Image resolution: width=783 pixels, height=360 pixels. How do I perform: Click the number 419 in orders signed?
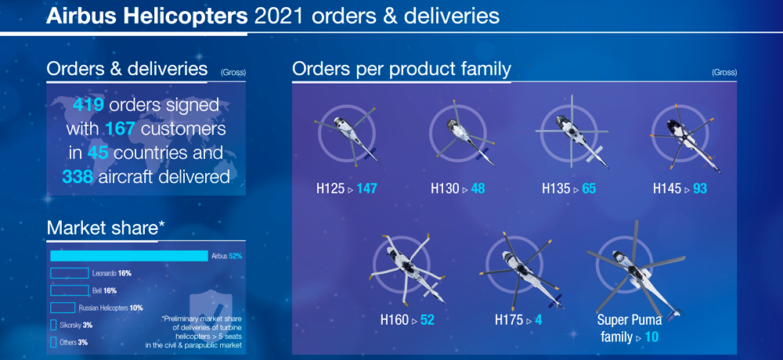[x=88, y=105]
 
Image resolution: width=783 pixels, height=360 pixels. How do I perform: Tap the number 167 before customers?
[x=121, y=129]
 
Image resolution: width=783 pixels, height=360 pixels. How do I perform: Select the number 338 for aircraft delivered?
[x=78, y=176]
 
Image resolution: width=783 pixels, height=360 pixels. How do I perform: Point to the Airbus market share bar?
[x=129, y=256]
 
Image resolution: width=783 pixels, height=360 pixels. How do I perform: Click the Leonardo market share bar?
[x=70, y=273]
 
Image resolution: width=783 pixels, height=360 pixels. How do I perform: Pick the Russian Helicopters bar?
[x=63, y=308]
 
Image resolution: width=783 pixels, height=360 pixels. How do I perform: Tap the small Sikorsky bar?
[x=53, y=325]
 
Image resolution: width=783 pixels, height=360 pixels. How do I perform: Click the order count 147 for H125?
[x=366, y=189]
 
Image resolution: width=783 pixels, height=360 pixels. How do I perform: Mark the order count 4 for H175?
[x=539, y=319]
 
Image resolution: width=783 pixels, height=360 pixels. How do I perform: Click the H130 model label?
[x=445, y=189]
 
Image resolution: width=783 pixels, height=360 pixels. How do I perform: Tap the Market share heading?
[x=106, y=228]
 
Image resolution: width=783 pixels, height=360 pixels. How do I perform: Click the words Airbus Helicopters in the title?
[x=147, y=16]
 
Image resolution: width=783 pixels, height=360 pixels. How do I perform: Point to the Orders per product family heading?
[x=402, y=70]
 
